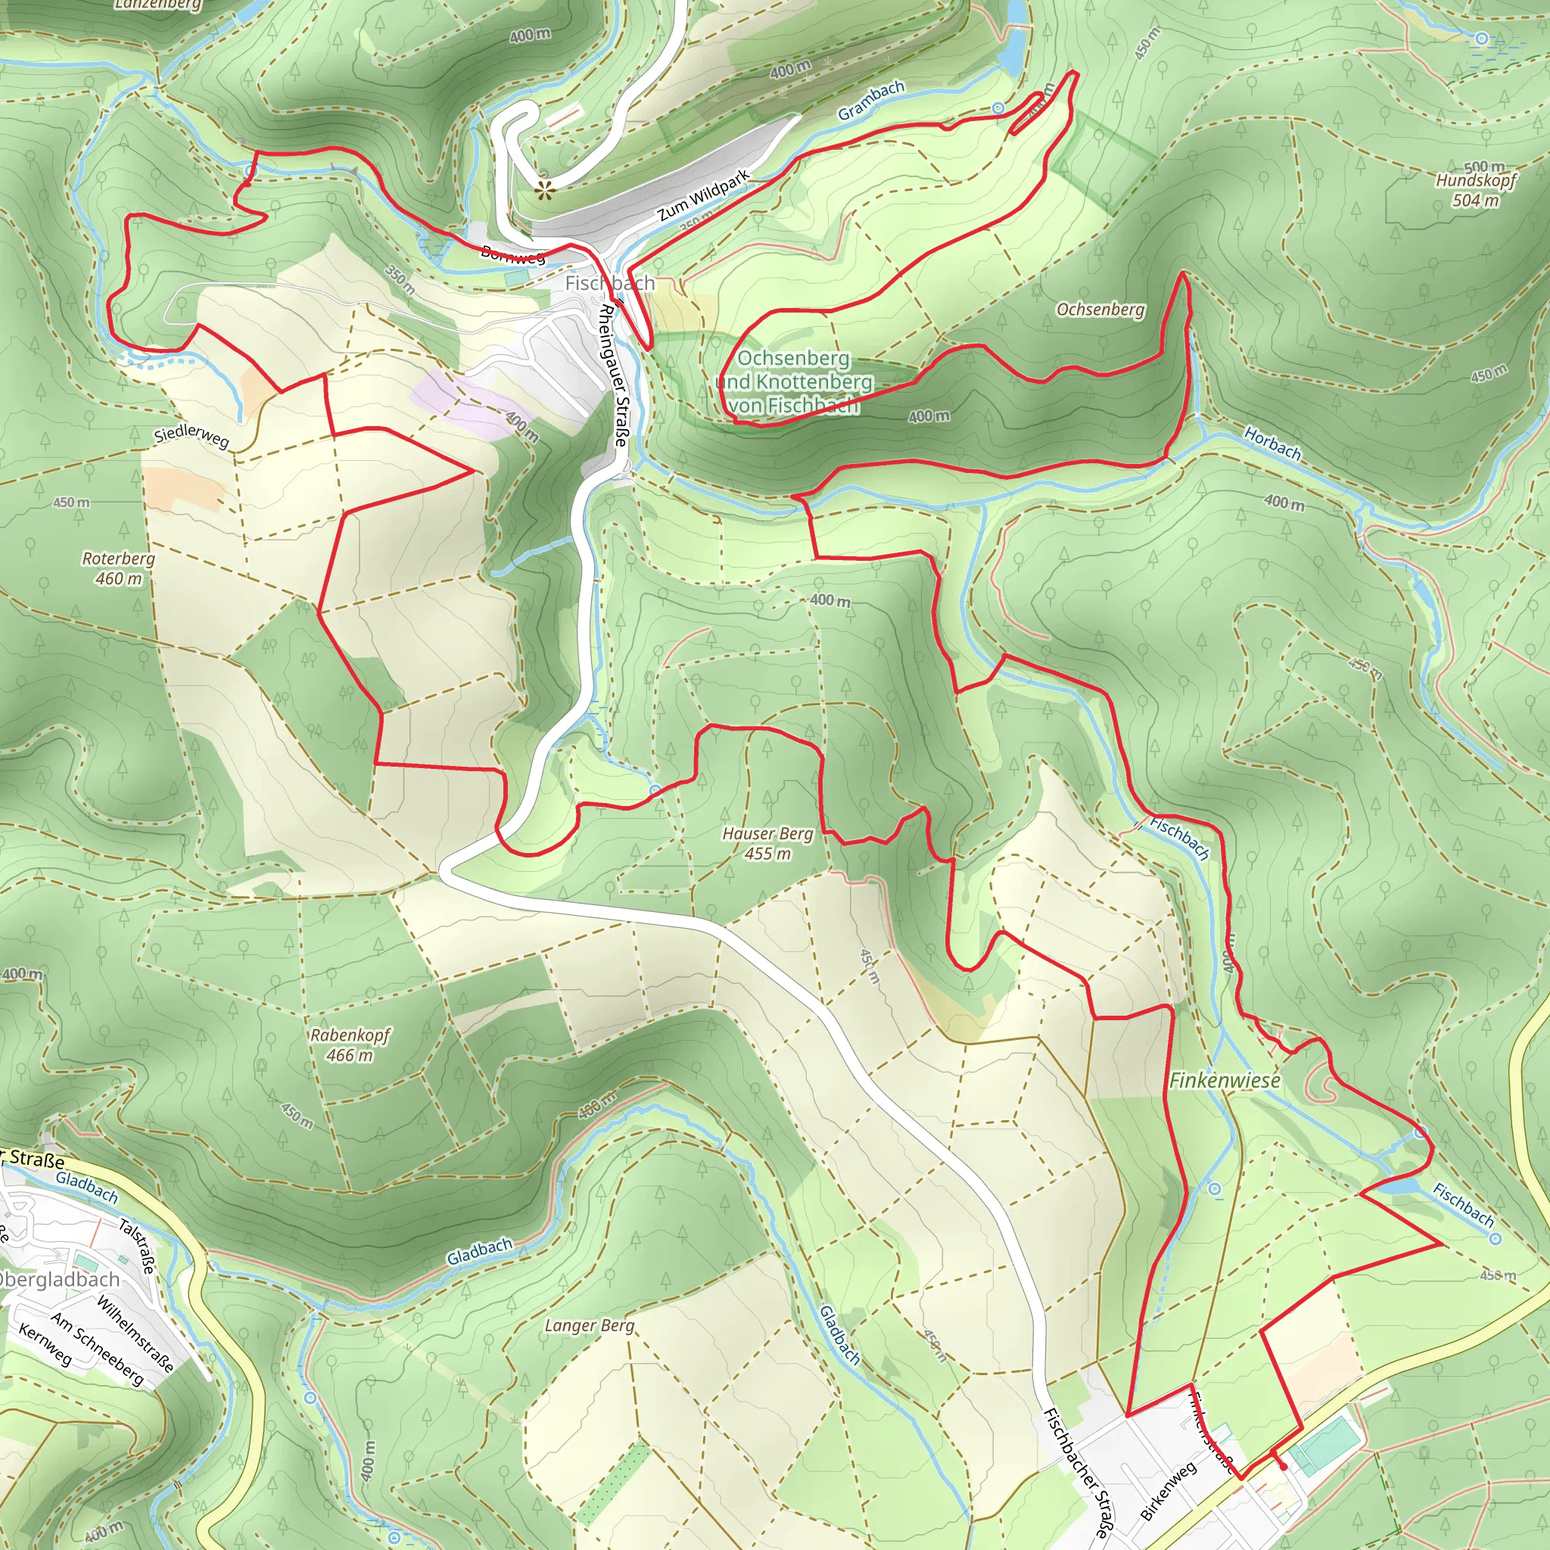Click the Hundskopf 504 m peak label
1475,189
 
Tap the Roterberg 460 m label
118,568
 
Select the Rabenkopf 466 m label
350,1044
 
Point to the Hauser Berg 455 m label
767,843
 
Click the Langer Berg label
589,1325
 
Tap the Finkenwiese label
1225,1080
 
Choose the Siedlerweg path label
191,437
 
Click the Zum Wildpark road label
704,195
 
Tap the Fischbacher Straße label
1079,1472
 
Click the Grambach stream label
871,101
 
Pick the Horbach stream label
1272,444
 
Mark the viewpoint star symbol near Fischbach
546,190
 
